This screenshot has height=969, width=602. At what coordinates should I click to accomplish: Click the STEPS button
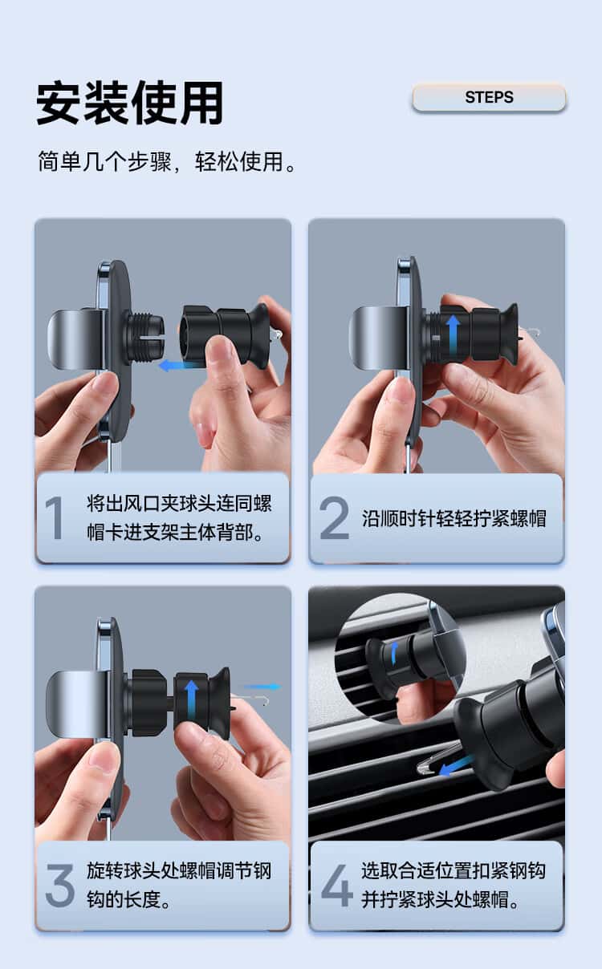coord(489,97)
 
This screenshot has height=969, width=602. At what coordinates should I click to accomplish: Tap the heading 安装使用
coord(130,103)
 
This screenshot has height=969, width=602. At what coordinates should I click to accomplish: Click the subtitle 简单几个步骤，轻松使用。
coord(167,162)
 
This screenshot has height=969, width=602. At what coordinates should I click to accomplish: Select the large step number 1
coord(55,518)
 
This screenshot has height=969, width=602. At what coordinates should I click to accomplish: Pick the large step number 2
coord(334,518)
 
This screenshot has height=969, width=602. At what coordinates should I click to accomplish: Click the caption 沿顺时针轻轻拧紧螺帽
coord(454,518)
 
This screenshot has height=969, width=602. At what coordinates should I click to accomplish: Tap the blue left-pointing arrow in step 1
coord(178,366)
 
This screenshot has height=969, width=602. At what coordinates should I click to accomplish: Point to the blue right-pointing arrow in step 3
coord(262,687)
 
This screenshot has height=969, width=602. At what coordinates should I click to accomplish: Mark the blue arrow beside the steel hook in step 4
coord(455,766)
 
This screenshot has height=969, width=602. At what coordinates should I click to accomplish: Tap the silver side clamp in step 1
coord(75,339)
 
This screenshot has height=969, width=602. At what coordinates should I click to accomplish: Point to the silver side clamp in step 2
coord(377,338)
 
